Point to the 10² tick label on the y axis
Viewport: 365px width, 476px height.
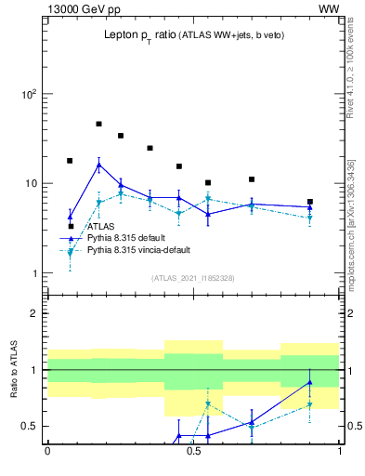28,94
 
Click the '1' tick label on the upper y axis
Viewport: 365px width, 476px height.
33,273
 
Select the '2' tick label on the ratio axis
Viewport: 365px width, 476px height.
33,313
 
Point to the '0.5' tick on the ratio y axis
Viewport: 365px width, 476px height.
28,427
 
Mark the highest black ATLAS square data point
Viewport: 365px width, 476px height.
98,124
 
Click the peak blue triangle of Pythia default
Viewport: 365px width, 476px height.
98,165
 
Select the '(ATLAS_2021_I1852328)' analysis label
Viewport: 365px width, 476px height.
193,279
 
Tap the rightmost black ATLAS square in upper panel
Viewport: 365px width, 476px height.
310,202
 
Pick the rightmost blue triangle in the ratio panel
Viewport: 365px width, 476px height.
310,382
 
